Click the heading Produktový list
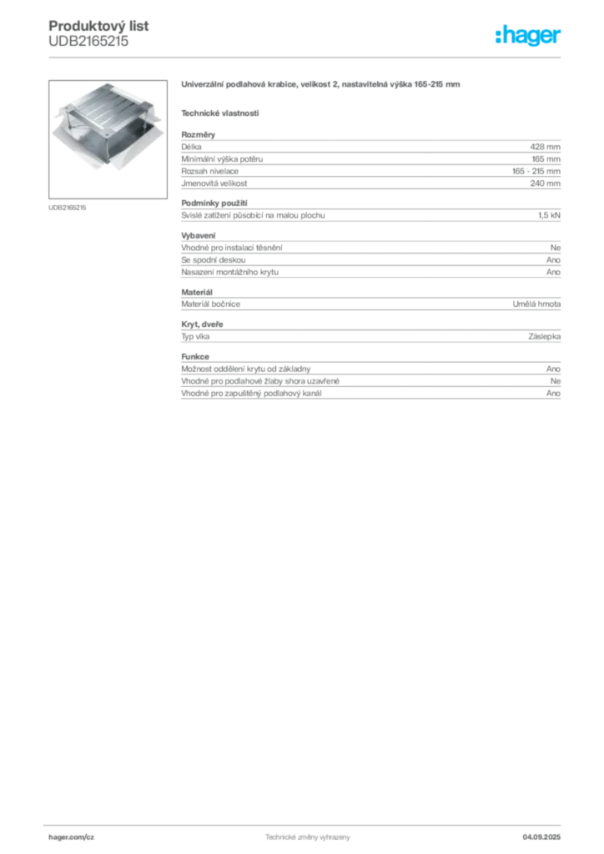[x=98, y=26]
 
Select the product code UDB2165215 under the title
[x=88, y=42]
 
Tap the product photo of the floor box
[x=108, y=139]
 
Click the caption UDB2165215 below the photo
[x=67, y=208]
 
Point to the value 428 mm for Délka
[x=545, y=147]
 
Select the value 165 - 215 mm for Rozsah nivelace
[x=536, y=171]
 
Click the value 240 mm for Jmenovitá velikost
[x=545, y=183]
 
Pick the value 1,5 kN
[x=549, y=215]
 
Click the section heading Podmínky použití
[x=214, y=203]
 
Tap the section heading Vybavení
[x=199, y=235]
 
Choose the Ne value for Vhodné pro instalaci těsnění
[x=556, y=248]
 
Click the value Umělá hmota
[x=536, y=304]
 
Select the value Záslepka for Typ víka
[x=544, y=337]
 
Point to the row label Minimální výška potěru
[x=222, y=159]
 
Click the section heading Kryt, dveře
[x=202, y=324]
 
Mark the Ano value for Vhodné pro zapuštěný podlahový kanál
[x=553, y=394]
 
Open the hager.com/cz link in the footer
[x=72, y=837]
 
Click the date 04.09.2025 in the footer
[x=541, y=837]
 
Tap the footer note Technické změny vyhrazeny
[x=308, y=837]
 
